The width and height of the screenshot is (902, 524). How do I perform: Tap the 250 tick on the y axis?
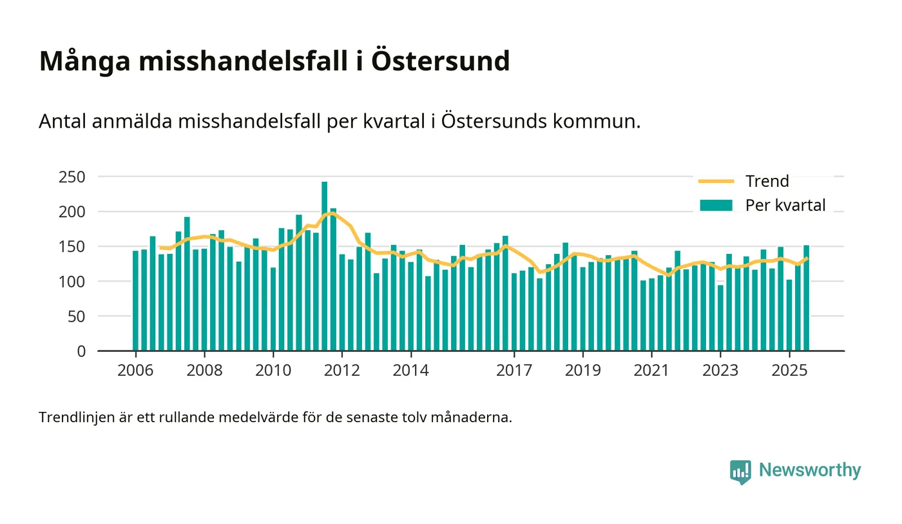[x=72, y=177]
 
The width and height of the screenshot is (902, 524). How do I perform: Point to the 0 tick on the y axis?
[x=81, y=351]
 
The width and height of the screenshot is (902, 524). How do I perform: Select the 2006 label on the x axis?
[x=135, y=371]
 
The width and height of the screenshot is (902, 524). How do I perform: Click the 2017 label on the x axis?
[x=514, y=371]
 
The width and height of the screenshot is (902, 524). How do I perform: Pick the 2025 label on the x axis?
[x=789, y=371]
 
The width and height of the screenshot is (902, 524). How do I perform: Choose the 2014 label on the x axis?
[x=410, y=371]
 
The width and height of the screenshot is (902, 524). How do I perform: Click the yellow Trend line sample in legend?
[x=716, y=181]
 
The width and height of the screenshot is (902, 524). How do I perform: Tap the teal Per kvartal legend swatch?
[x=716, y=206]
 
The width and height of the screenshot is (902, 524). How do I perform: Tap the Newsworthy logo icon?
[x=740, y=471]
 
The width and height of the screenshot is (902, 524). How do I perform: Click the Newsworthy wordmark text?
[x=810, y=470]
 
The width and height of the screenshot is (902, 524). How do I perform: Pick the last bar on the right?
[x=806, y=298]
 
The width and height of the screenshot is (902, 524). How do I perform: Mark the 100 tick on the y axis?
[x=72, y=282]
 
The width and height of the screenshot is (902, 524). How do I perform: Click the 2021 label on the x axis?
[x=651, y=371]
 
